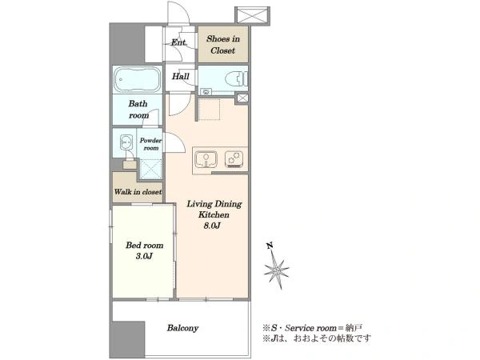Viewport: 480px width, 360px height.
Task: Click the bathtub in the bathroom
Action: click(138, 79)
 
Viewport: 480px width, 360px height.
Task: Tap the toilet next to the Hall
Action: click(236, 79)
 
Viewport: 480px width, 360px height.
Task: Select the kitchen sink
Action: click(206, 159)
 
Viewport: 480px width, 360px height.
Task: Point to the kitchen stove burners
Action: click(234, 159)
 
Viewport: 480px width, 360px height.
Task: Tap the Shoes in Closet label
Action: click(223, 45)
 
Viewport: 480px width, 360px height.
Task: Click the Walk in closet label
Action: click(138, 192)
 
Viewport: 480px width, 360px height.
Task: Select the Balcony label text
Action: click(182, 328)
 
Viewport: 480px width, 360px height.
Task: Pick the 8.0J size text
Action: click(212, 226)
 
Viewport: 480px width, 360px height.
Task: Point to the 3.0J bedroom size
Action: click(144, 256)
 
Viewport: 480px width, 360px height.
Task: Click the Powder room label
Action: click(150, 144)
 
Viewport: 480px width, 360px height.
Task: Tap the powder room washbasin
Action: click(126, 142)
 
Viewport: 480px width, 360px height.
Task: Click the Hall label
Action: click(180, 76)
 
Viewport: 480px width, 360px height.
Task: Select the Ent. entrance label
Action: click(178, 42)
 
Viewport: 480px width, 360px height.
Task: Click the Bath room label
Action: click(138, 110)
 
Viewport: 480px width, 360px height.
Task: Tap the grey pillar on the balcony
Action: click(127, 339)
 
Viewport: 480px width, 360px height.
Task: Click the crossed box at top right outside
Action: click(252, 15)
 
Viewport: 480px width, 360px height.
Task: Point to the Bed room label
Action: click(145, 246)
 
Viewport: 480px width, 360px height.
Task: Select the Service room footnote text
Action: click(312, 328)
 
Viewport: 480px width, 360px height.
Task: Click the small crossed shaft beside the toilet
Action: click(242, 98)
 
